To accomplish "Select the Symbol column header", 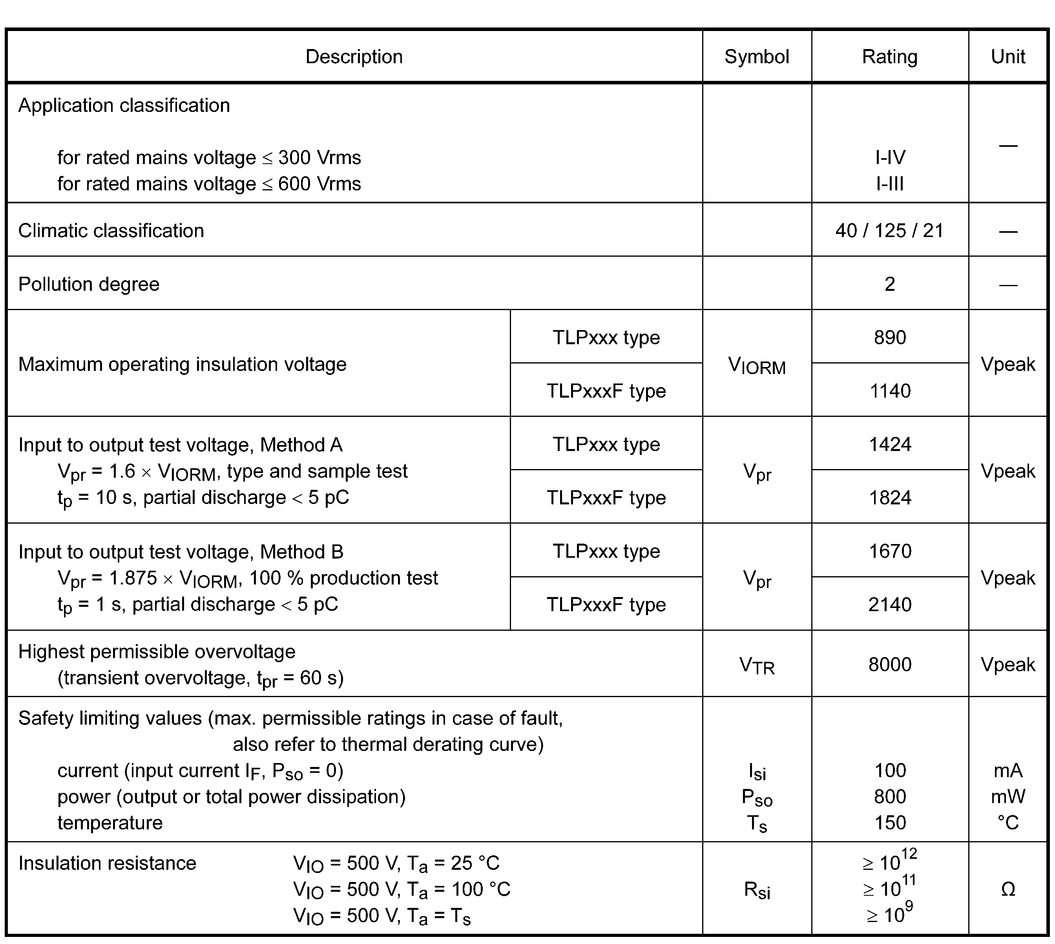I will click(x=756, y=57).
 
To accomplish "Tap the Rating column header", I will click(x=889, y=57).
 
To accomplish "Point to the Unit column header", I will click(x=1008, y=57).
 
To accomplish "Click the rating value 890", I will click(x=889, y=338).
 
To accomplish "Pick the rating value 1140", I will click(x=889, y=391).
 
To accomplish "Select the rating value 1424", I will click(x=889, y=444).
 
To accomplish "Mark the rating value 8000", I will click(x=889, y=665).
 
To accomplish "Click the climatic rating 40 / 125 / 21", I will click(x=889, y=231).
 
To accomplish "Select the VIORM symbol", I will click(x=757, y=366).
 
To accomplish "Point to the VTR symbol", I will click(x=757, y=665).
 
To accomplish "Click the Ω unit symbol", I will click(x=1008, y=889).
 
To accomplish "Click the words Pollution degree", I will click(x=89, y=284).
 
